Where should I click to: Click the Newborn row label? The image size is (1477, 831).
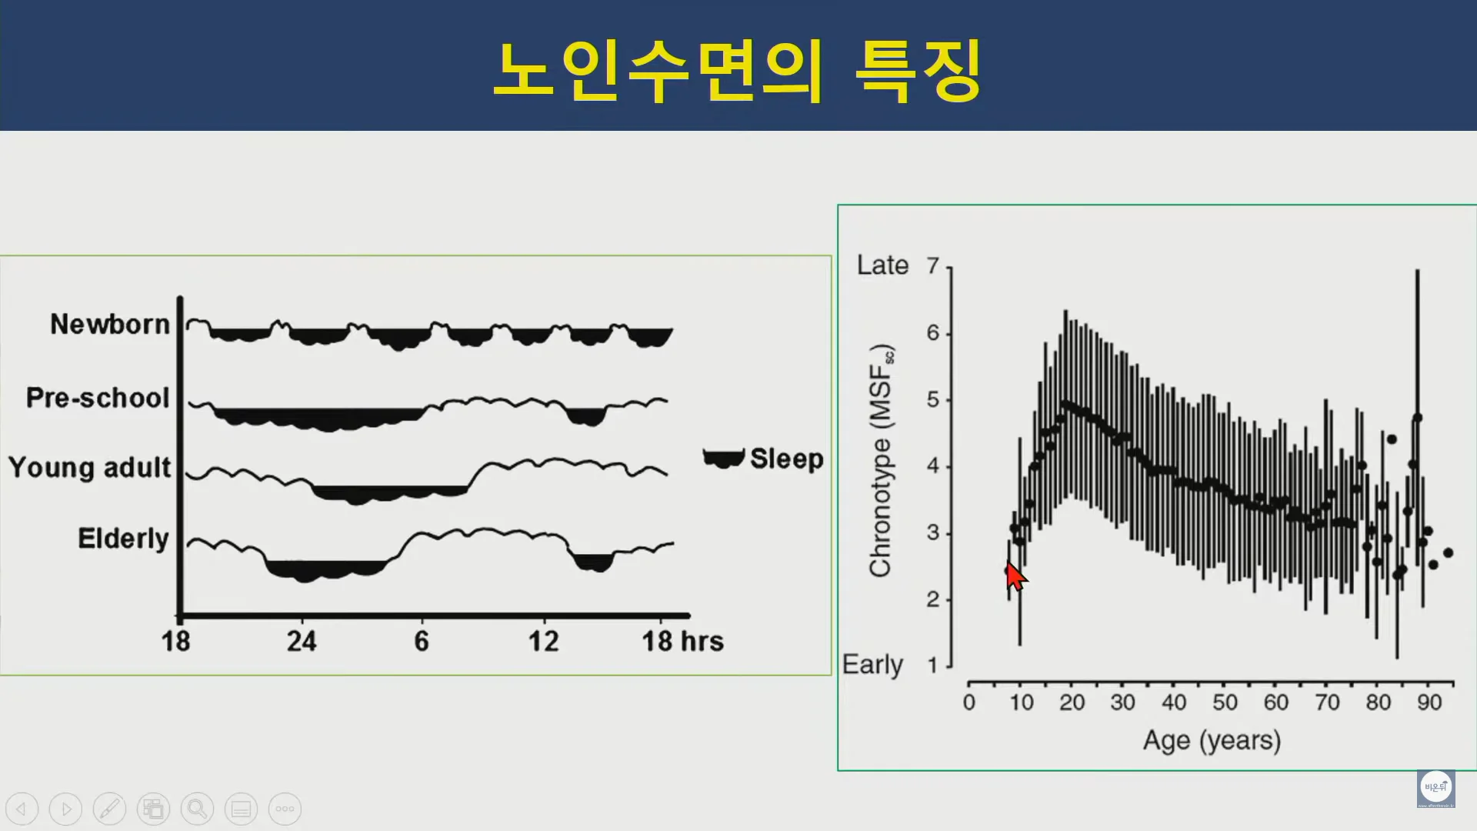pyautogui.click(x=110, y=325)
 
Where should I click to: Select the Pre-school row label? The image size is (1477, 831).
pyautogui.click(x=98, y=398)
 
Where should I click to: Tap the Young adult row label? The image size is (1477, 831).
pyautogui.click(x=90, y=468)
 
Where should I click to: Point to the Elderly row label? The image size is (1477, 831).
pyautogui.click(x=123, y=539)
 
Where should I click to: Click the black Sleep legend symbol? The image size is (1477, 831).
pyautogui.click(x=723, y=458)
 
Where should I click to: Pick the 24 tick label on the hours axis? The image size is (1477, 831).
pyautogui.click(x=302, y=641)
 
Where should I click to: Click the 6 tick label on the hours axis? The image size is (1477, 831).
pyautogui.click(x=422, y=641)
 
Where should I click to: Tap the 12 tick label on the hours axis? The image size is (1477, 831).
pyautogui.click(x=543, y=641)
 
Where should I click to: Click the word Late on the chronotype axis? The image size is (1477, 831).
pyautogui.click(x=883, y=265)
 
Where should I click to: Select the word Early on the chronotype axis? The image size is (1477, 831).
pyautogui.click(x=872, y=665)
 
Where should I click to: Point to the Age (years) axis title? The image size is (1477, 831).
pyautogui.click(x=1212, y=741)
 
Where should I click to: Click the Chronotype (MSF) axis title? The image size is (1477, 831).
pyautogui.click(x=881, y=460)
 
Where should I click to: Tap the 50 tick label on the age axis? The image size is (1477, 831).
pyautogui.click(x=1225, y=703)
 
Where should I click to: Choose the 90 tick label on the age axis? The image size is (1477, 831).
pyautogui.click(x=1429, y=703)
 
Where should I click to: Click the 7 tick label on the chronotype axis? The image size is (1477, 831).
pyautogui.click(x=933, y=265)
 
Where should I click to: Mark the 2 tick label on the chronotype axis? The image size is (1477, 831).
pyautogui.click(x=933, y=599)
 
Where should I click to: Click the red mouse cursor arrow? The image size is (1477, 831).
pyautogui.click(x=1015, y=576)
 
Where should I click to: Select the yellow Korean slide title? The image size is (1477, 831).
pyautogui.click(x=737, y=71)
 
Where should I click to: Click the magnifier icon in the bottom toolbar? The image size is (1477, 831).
pyautogui.click(x=197, y=809)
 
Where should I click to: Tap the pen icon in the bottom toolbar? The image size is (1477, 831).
pyautogui.click(x=109, y=809)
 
